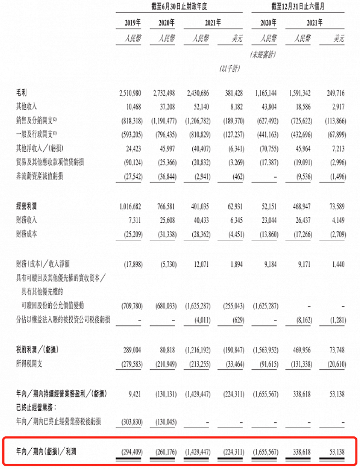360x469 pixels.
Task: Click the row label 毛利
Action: click(22, 93)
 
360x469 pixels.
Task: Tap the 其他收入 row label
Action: click(28, 106)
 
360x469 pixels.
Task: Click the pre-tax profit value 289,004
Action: click(131, 350)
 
